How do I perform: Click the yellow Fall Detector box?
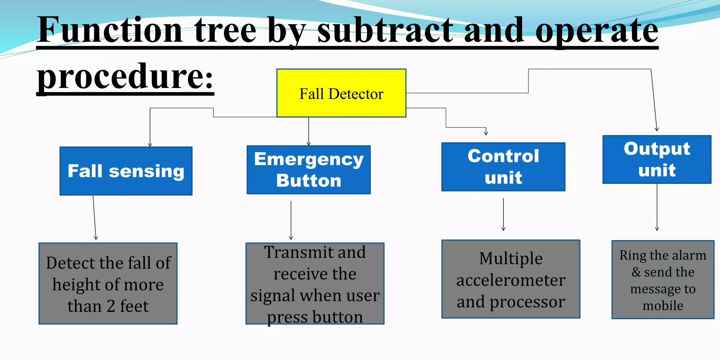tap(341, 93)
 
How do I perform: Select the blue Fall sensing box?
tap(126, 171)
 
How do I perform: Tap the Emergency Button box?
tap(309, 170)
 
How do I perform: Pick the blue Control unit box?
tap(503, 167)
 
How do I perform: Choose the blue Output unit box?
tap(657, 160)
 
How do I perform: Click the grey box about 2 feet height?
tap(108, 284)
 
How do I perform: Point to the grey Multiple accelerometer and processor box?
tap(510, 279)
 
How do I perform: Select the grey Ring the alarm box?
tap(663, 280)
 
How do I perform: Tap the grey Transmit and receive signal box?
tap(315, 284)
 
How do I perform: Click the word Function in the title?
tap(110, 31)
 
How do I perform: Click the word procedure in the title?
tap(125, 76)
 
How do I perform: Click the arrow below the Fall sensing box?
tap(95, 218)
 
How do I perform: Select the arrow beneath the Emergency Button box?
tap(291, 220)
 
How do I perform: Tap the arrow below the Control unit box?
tap(503, 214)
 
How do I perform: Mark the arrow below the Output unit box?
tap(657, 207)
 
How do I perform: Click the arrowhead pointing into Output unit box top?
tap(656, 129)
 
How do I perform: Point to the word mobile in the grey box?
tap(663, 306)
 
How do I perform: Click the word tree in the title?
tap(225, 31)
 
